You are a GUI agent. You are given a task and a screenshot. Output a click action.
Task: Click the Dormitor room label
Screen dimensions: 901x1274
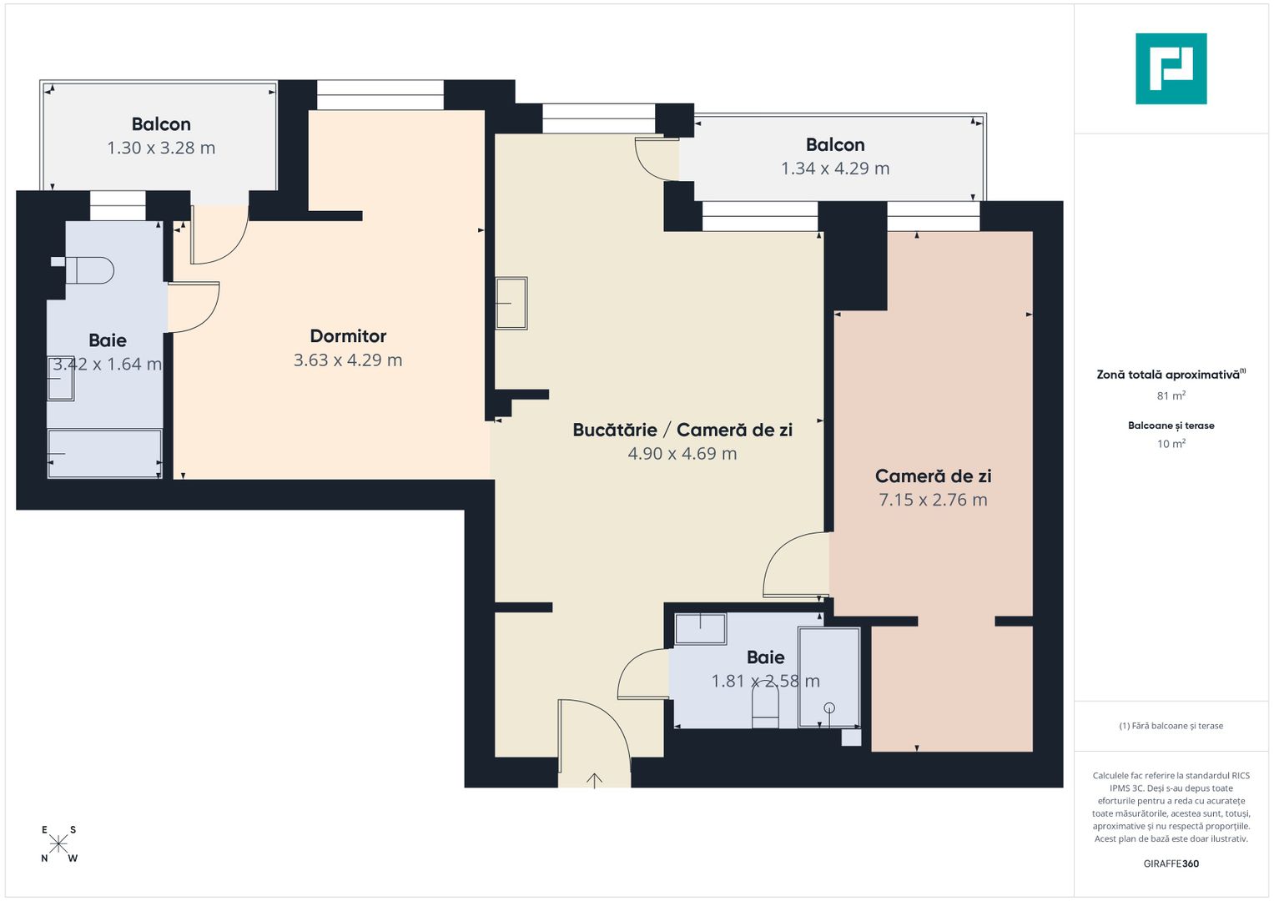coord(348,336)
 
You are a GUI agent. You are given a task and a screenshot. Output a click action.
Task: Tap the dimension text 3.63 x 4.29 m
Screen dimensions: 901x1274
coord(348,360)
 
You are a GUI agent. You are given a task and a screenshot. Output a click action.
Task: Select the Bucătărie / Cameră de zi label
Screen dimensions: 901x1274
coord(682,430)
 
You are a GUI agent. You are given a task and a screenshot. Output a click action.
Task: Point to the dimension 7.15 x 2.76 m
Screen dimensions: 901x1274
coord(933,500)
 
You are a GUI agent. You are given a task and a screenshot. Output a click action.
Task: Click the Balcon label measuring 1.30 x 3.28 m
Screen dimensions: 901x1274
coord(161,124)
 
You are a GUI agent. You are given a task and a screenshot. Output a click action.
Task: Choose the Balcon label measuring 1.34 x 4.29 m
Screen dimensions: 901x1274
coord(835,145)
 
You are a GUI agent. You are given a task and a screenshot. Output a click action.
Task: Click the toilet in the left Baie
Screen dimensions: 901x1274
coord(89,270)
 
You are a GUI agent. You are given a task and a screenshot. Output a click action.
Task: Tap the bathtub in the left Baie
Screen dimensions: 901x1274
coord(104,454)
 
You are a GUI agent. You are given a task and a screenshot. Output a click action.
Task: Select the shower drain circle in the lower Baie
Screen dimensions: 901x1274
coord(829,708)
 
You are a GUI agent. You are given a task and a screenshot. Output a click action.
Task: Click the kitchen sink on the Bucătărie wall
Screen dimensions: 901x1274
coord(511,304)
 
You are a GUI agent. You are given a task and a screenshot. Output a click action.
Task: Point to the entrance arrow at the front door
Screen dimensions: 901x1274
coord(594,780)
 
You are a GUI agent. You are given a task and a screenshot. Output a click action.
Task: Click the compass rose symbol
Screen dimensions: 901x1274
coord(58,843)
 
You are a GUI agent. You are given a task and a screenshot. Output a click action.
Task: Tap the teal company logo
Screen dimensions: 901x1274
coord(1171,68)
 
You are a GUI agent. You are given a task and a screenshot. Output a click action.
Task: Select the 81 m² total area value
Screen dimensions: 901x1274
coord(1171,395)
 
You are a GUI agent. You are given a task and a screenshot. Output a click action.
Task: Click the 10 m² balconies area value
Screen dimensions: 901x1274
coord(1171,444)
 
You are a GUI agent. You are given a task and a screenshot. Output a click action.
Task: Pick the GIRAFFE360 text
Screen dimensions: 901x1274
coord(1171,863)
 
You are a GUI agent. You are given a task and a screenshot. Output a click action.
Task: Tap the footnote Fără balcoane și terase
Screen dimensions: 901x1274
coord(1171,726)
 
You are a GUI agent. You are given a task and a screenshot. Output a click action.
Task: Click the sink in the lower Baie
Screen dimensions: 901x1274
coord(700,628)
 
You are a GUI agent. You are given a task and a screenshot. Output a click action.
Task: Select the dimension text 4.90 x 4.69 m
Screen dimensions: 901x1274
coord(682,454)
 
